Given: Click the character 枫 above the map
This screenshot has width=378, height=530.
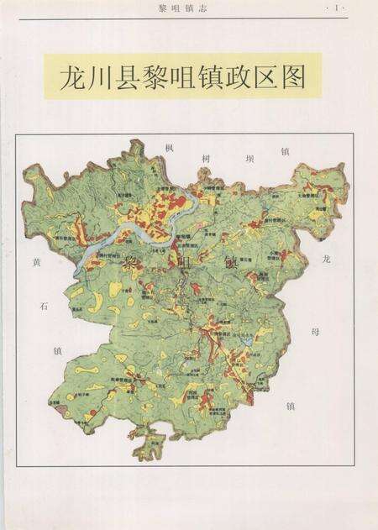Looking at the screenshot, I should coord(170,148).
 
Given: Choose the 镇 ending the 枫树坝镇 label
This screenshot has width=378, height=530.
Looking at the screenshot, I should coord(285,151).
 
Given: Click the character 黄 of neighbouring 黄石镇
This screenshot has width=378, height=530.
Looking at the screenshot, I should coord(36,263).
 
